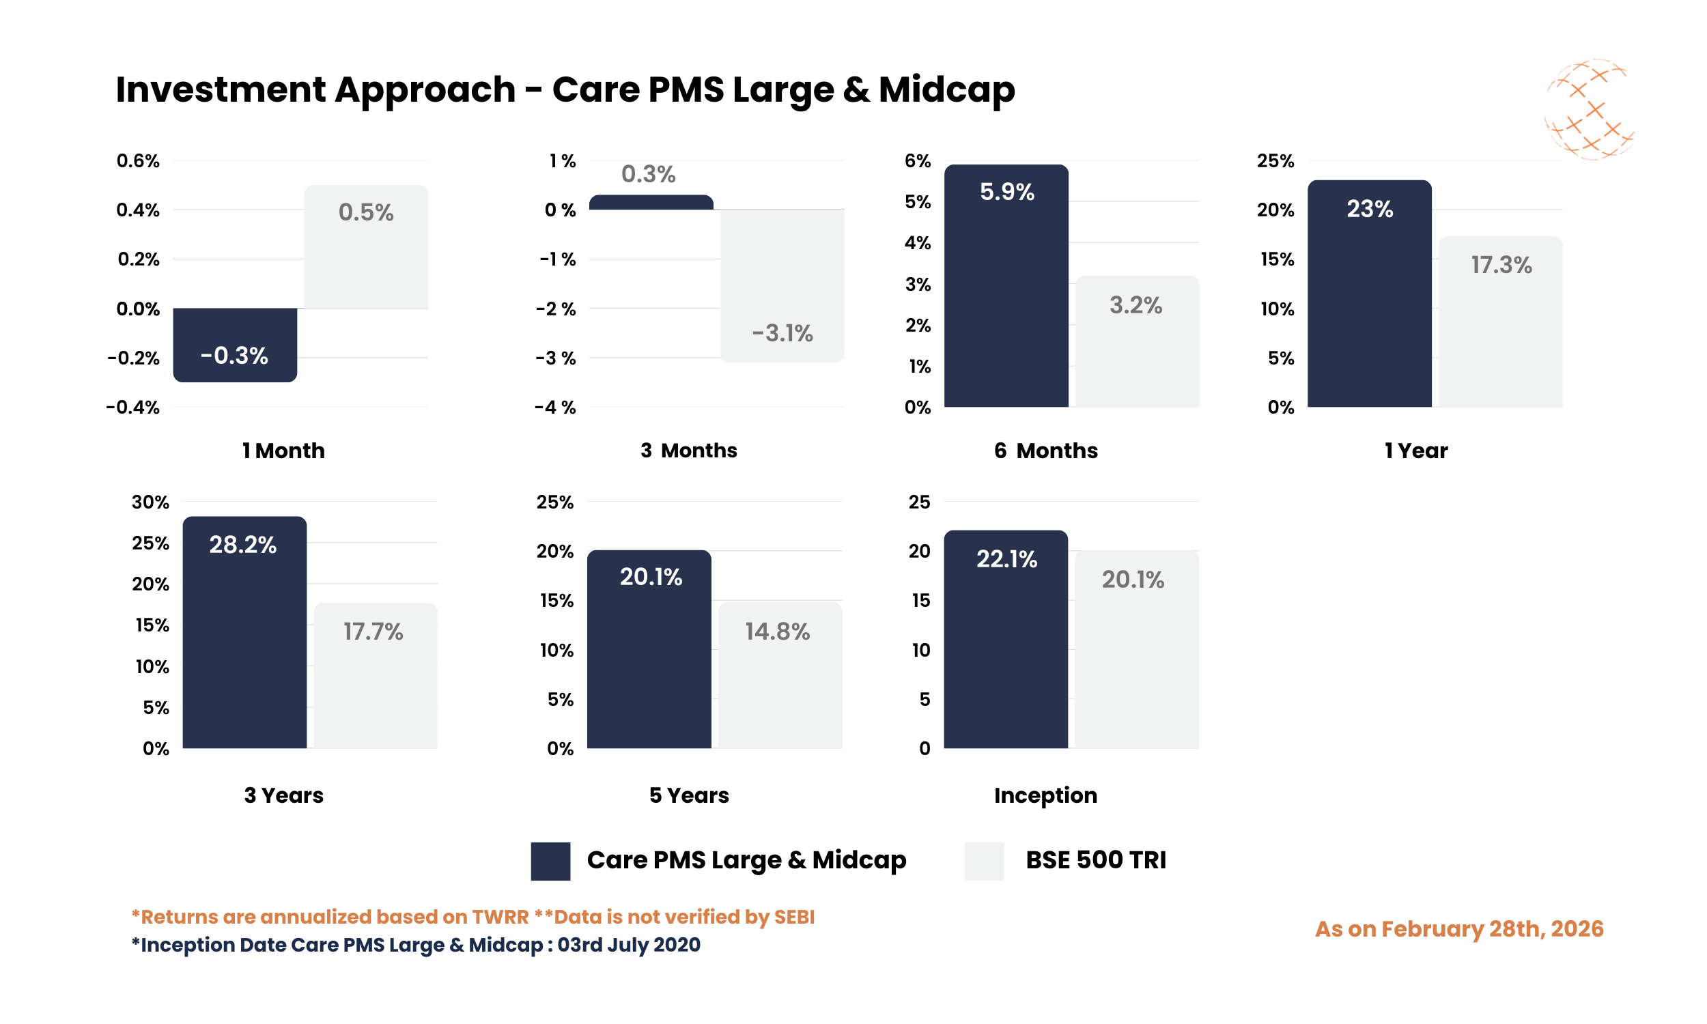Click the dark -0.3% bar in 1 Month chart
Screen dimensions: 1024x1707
coord(235,344)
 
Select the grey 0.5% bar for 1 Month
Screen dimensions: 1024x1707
coord(366,246)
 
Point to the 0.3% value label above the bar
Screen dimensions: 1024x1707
coord(648,174)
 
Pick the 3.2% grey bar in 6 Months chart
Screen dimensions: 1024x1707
coord(1137,341)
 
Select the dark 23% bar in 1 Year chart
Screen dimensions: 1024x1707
coord(1369,294)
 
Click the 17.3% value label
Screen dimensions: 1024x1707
coord(1501,265)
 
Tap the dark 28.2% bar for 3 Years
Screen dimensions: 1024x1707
coord(244,631)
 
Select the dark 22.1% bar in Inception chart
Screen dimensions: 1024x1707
coord(1005,638)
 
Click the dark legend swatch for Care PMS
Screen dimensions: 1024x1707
coord(550,860)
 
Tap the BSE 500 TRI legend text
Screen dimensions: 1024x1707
coord(1095,859)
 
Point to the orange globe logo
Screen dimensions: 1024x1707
coord(1588,110)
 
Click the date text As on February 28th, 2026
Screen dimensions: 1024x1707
coord(1458,929)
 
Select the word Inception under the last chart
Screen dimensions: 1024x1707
coord(1045,795)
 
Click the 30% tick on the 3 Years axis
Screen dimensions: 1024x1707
coord(150,502)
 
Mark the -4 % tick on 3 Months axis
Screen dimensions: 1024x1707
coord(554,407)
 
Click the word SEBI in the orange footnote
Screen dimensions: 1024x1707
coord(793,917)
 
